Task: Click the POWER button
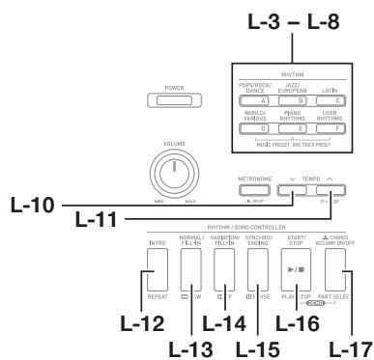coord(168,99)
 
